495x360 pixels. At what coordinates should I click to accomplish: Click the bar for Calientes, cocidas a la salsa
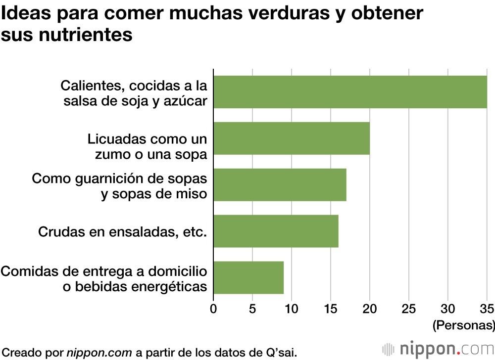tap(350, 92)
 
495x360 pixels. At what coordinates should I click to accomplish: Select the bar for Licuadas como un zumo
tap(292, 138)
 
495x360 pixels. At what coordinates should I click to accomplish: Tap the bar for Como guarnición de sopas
tap(280, 184)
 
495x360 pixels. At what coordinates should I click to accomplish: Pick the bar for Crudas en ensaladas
tap(276, 231)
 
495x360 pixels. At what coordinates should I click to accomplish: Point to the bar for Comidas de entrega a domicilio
tap(248, 277)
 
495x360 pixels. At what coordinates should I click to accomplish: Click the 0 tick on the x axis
tap(213, 309)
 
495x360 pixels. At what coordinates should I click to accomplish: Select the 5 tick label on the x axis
tap(252, 309)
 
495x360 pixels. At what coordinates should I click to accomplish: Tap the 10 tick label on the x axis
tap(292, 309)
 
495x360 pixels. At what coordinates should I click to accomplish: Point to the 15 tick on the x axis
tap(331, 309)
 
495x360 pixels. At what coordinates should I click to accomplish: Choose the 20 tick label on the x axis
tap(370, 309)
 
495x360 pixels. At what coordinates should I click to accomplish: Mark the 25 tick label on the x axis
tap(409, 309)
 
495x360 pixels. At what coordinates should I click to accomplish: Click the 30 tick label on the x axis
tap(448, 309)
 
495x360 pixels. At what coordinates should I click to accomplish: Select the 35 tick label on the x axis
tap(487, 309)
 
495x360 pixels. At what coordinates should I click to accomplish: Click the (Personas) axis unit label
tap(463, 325)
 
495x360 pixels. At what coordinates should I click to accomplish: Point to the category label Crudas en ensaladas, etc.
tap(122, 231)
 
